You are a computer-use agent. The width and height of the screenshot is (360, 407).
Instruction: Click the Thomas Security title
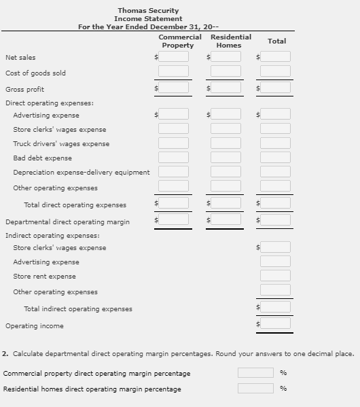148,11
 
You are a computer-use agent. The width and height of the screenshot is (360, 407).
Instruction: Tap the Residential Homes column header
230,41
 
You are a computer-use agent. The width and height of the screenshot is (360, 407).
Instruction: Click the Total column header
276,41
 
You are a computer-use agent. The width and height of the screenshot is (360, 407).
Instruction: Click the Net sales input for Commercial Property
174,57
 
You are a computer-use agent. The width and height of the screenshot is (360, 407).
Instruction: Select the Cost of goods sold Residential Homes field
226,72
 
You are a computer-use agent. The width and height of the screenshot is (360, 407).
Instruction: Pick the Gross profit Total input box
275,88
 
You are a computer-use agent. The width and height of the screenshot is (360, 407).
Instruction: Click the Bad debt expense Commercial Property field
174,158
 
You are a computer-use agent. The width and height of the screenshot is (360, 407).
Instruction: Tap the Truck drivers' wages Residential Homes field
226,143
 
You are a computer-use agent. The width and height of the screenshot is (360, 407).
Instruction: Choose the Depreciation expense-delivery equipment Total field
275,172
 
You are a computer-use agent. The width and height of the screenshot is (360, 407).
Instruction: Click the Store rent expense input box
275,276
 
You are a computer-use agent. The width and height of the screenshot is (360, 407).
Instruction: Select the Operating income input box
275,324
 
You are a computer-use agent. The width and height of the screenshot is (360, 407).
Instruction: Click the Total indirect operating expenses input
275,307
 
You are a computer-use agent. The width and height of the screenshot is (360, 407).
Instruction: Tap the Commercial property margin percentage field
255,373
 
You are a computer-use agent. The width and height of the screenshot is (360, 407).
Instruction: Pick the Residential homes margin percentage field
255,389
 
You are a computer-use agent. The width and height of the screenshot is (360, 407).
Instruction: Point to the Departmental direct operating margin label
67,222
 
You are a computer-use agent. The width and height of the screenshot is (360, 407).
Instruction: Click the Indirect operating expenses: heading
52,235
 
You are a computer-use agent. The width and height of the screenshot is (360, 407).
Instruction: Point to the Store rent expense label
44,277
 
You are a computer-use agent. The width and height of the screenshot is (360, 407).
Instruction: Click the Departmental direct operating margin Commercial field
174,219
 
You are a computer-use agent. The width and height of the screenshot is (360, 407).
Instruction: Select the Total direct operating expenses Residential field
226,203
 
